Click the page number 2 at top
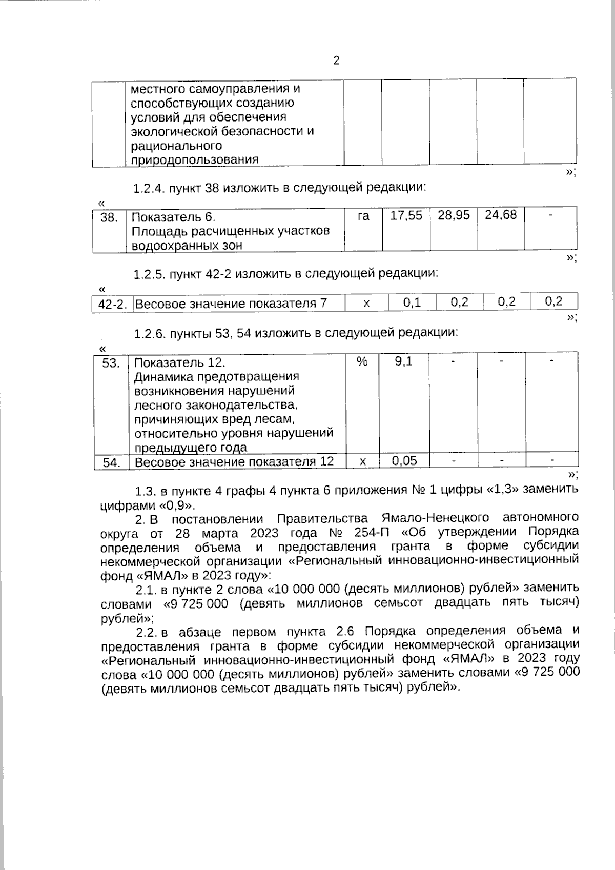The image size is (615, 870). point(336,60)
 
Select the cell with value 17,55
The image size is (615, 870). point(406,215)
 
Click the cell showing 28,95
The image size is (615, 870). point(454,215)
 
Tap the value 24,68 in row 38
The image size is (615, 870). point(501,215)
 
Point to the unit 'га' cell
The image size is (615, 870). point(363,216)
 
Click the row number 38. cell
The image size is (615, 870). point(109,217)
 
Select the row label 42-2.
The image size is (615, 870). point(112,304)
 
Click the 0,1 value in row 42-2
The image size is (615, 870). point(412,302)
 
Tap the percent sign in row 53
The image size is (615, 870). point(362,361)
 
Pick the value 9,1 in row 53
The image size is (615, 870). point(403,361)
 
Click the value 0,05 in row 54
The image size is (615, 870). point(404,460)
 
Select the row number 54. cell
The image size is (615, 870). point(111,462)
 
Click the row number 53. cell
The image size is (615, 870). point(111,363)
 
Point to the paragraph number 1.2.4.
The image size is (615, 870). point(149,188)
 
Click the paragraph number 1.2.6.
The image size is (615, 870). point(150,334)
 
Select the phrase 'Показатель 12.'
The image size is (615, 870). point(179,362)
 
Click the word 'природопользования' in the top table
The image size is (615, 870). point(194,159)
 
